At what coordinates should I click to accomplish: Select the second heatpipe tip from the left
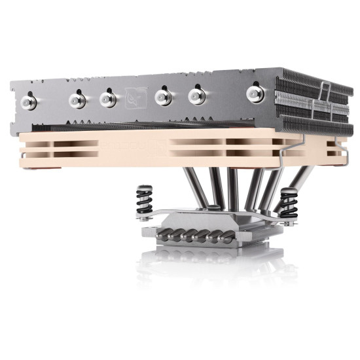point(77,99)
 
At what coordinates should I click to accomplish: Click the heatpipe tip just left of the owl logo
point(108,99)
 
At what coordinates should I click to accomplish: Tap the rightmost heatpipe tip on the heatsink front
point(255,94)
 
